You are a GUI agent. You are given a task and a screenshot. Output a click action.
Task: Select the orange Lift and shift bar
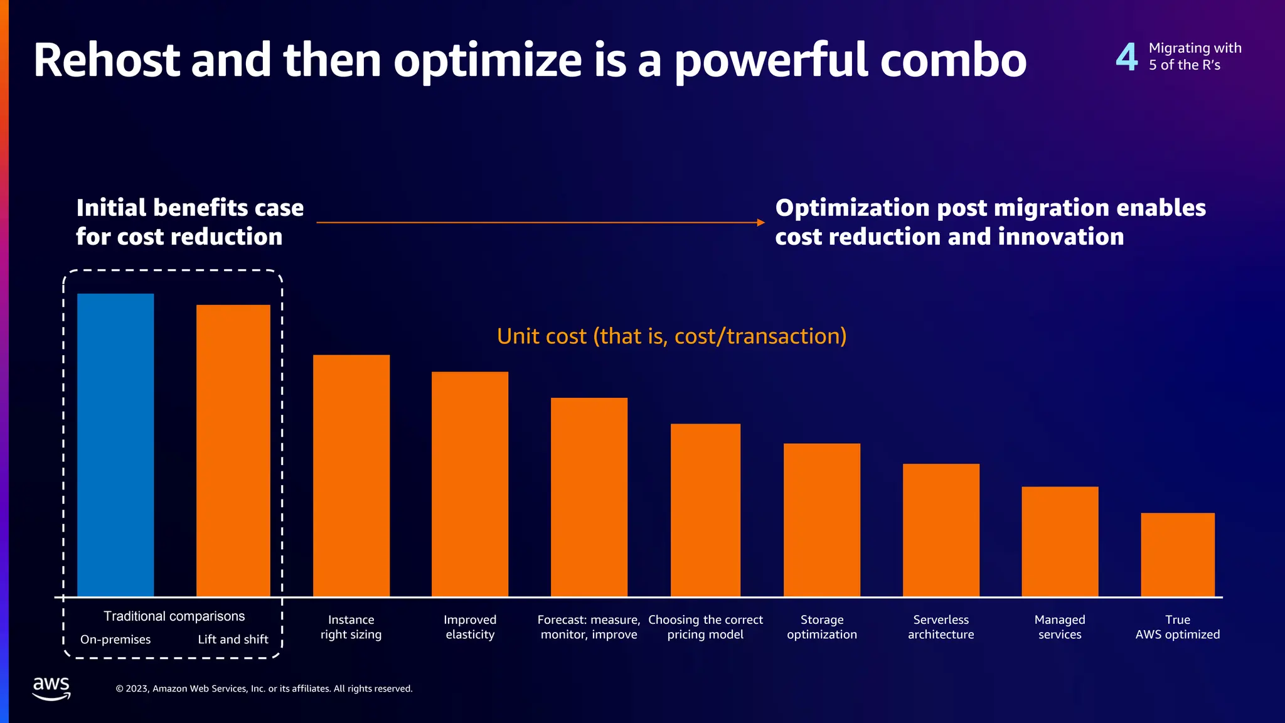[x=233, y=450]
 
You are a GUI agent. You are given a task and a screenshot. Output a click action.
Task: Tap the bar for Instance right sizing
[x=351, y=475]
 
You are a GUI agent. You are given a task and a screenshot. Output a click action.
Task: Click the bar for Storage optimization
[x=822, y=520]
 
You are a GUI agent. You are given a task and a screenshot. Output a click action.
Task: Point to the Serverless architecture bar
[x=941, y=530]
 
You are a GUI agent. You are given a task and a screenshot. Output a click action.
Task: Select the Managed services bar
[x=1060, y=541]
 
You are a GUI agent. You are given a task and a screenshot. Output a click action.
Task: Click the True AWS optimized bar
[x=1178, y=554]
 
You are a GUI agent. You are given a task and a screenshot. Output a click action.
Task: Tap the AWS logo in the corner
[x=51, y=688]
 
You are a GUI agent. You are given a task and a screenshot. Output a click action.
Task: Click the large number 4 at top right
[x=1127, y=57]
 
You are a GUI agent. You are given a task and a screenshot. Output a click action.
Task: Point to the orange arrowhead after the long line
[x=760, y=222]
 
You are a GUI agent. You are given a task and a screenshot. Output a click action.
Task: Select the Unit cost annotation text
[x=671, y=336]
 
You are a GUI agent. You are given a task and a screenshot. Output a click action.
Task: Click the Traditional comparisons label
[x=174, y=616]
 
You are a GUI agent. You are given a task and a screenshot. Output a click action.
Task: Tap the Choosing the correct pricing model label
[x=705, y=627]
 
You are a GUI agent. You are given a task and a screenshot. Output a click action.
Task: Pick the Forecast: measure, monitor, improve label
[x=589, y=627]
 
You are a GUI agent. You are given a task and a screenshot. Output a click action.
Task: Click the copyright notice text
[x=264, y=688]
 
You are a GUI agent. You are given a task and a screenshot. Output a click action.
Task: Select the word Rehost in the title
[x=107, y=60]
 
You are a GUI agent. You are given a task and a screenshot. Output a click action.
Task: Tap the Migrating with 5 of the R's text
[x=1195, y=56]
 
